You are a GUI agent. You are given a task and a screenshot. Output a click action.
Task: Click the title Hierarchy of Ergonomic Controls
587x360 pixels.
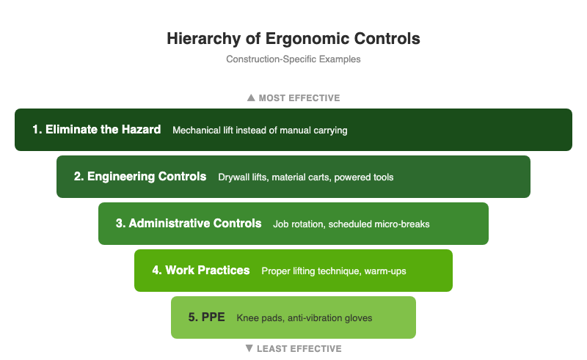tap(293, 38)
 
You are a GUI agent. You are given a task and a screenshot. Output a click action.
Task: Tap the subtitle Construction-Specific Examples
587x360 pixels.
tap(293, 59)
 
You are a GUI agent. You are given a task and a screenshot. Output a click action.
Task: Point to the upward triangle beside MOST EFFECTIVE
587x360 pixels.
tap(251, 98)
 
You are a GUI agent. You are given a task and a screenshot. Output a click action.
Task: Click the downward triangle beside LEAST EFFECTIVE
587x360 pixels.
tap(249, 348)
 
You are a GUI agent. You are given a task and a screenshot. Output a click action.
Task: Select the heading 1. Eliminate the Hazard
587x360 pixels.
tap(96, 130)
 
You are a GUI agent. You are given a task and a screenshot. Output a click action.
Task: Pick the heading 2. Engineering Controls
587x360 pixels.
tap(140, 177)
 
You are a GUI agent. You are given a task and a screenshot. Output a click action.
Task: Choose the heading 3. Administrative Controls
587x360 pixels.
tap(189, 224)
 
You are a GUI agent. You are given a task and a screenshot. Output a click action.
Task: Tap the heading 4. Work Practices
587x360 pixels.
tap(201, 271)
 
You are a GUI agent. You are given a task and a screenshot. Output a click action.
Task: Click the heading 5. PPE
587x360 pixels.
tap(206, 317)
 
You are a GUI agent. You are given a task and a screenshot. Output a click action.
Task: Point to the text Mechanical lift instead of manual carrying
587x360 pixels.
tap(260, 131)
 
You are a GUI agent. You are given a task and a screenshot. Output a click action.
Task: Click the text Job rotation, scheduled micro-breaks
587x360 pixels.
tap(351, 224)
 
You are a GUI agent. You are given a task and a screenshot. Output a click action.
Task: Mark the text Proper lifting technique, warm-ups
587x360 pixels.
tap(334, 271)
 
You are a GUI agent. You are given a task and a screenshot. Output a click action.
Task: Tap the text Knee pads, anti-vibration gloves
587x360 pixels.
tap(305, 318)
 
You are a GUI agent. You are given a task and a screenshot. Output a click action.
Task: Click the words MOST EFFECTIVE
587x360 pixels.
tap(299, 98)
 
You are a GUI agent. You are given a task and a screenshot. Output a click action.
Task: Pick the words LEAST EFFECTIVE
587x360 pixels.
tap(299, 348)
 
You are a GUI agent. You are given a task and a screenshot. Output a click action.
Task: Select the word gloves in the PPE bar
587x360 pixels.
tap(358, 318)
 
